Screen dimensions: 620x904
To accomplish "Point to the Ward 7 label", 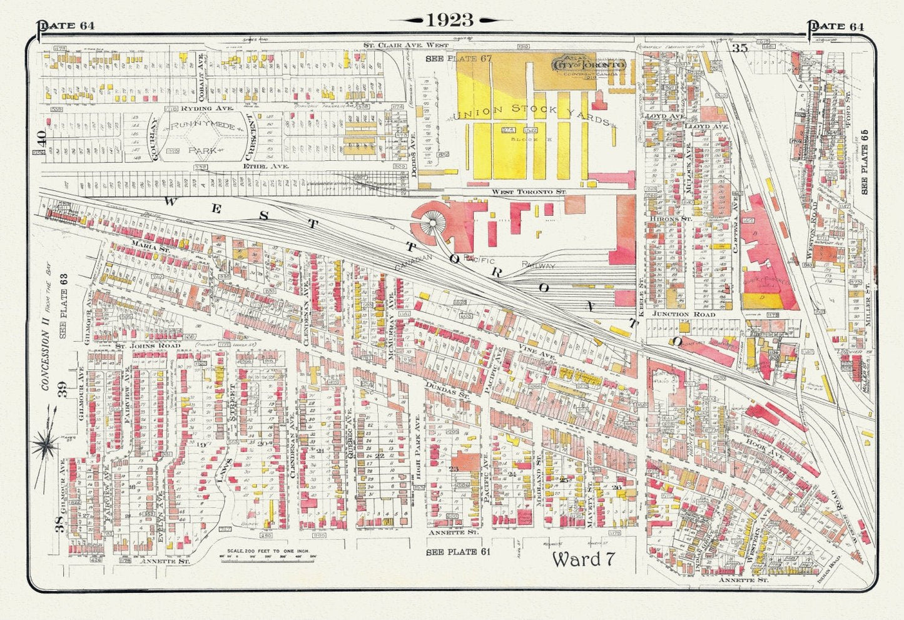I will click(x=582, y=559).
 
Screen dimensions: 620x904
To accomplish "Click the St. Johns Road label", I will click(x=148, y=345).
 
